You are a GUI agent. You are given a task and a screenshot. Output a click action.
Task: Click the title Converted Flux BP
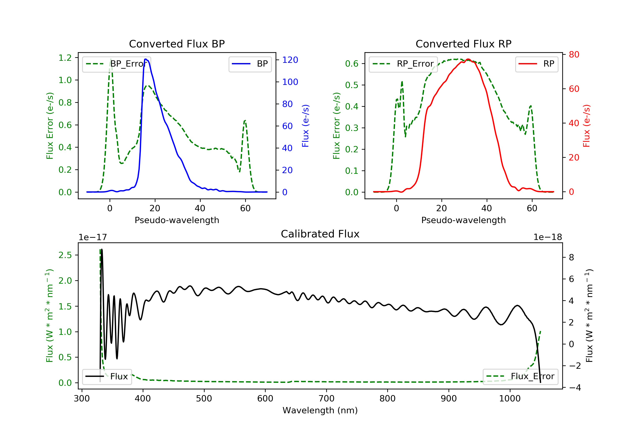(177, 44)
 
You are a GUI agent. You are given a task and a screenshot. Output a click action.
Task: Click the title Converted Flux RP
(464, 44)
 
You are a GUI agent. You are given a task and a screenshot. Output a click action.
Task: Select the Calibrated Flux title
(320, 234)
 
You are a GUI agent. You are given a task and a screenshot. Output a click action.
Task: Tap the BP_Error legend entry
(116, 64)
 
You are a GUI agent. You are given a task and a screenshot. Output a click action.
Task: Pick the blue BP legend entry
(250, 64)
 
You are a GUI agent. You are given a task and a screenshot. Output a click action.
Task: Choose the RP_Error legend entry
(403, 64)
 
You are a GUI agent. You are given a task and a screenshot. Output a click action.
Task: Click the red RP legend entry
(536, 64)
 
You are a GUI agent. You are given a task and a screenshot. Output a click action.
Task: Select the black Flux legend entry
(107, 376)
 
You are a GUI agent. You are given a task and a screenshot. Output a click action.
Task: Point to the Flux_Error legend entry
(520, 376)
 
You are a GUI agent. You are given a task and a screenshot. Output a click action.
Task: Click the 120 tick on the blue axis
(290, 60)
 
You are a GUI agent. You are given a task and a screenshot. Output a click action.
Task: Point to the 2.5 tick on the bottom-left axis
(65, 255)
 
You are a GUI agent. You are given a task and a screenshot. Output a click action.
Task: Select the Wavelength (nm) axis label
(320, 410)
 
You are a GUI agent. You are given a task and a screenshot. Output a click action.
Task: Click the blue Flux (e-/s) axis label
(305, 126)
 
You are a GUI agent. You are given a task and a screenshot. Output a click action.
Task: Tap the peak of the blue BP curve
(146, 59)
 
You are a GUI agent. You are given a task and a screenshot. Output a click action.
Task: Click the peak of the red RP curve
(468, 59)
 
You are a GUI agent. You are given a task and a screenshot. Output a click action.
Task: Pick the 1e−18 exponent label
(548, 237)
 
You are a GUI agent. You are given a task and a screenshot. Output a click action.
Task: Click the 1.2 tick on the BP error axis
(65, 58)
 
